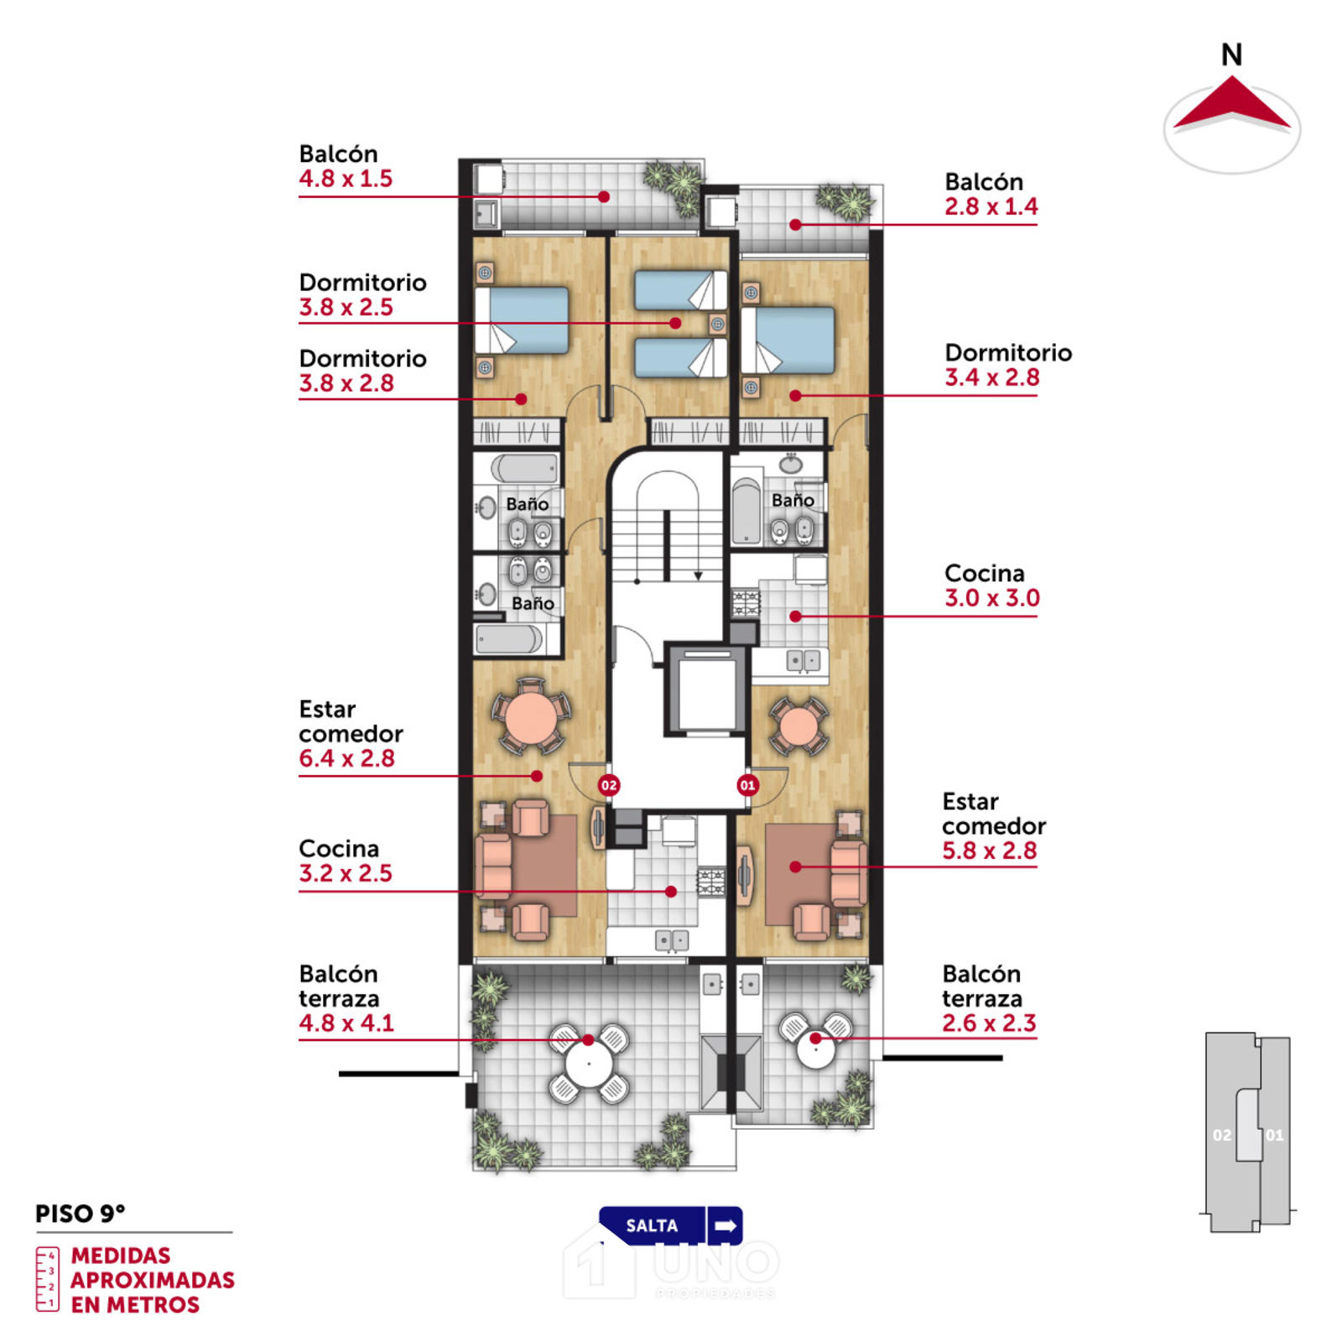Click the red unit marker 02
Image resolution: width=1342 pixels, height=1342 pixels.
609,785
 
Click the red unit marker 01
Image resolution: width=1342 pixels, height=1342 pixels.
747,785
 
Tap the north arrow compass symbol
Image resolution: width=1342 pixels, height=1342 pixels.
1231,110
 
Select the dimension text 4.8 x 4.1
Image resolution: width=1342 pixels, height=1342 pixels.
346,1023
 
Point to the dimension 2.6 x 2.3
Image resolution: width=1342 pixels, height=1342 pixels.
989,1023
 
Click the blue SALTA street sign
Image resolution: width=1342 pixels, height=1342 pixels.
671,1225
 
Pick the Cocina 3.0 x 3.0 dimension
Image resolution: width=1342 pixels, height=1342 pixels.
992,598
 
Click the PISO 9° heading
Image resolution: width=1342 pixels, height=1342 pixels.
81,1214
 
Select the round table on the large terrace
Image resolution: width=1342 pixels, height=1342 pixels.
589,1064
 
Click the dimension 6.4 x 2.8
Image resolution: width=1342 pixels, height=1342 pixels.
346,758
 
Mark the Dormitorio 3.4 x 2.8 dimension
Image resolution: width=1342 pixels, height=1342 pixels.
992,377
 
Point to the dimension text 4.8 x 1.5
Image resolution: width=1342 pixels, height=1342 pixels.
346,179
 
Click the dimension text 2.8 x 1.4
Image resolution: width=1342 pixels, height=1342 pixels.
991,206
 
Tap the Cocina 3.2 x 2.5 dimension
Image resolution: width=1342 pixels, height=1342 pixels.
346,873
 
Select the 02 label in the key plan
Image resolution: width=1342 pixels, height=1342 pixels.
1222,1136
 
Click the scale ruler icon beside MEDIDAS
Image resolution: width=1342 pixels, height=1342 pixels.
48,1279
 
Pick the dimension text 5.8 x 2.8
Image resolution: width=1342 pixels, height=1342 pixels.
990,850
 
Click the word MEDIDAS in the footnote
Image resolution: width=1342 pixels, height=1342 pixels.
121,1256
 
